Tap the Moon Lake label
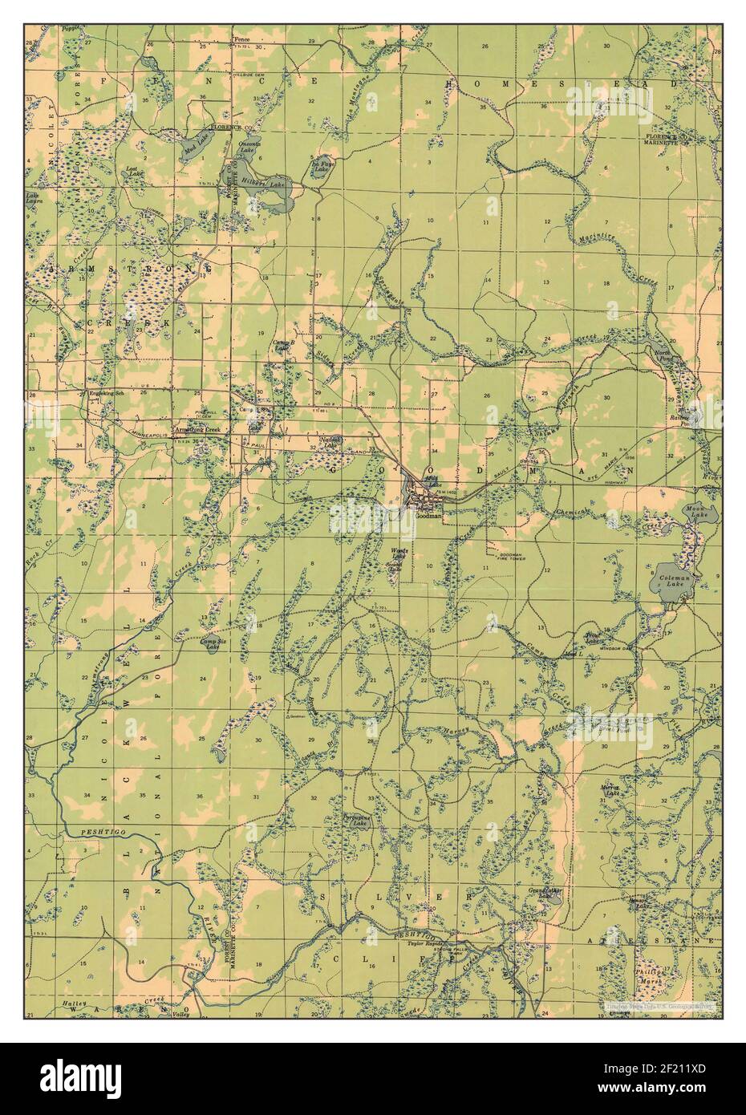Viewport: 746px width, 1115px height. pyautogui.click(x=692, y=511)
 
